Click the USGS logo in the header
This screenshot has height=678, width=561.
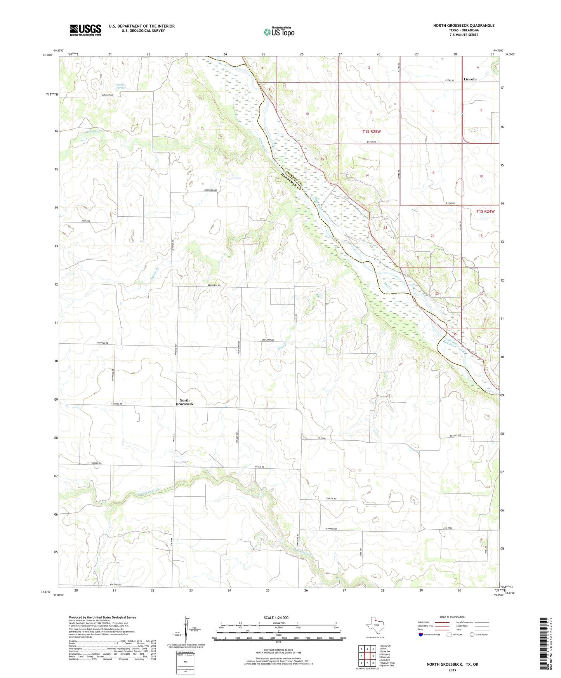(85, 30)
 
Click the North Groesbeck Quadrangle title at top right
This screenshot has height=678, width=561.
(464, 26)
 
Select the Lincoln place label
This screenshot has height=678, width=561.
(470, 79)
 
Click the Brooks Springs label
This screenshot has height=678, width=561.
(121, 86)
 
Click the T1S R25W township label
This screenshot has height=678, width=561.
(372, 132)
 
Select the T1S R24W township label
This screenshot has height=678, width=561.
(485, 211)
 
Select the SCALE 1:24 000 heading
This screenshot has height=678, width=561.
(276, 617)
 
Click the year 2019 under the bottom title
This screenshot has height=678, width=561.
(452, 670)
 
